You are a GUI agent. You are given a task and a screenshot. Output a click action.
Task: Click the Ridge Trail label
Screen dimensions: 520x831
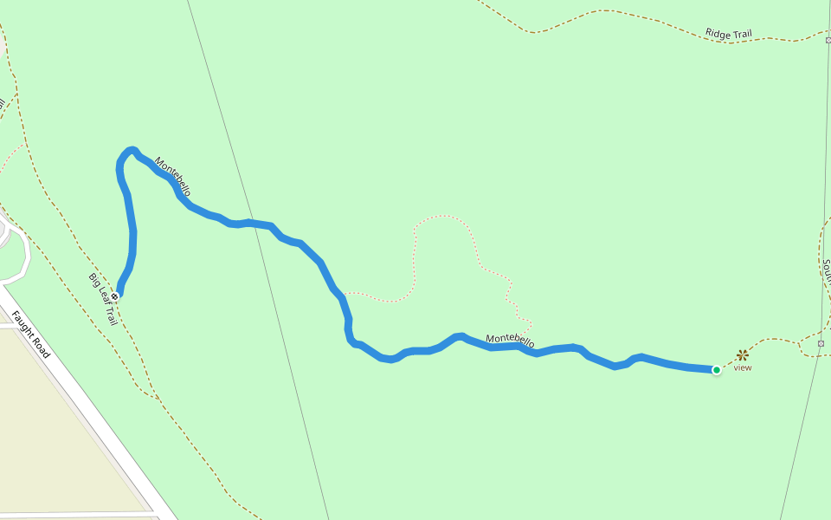[x=728, y=35]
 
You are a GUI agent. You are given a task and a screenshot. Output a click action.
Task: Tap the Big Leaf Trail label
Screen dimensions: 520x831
[x=102, y=299]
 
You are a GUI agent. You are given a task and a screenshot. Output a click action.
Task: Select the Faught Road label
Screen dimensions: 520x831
[x=30, y=335]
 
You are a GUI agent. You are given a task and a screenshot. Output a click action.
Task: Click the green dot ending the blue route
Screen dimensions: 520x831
[x=717, y=370]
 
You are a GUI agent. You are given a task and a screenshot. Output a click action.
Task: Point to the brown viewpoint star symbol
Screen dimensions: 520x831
[x=742, y=354]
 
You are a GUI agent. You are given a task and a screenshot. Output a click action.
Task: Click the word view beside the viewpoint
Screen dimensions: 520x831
[x=743, y=367]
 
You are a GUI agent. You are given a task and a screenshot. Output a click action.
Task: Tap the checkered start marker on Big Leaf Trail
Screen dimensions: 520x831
[x=114, y=296]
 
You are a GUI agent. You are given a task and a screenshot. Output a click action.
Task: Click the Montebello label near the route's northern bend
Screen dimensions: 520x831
[x=172, y=176]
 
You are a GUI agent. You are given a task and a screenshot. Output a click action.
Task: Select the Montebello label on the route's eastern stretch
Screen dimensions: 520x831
[x=510, y=341]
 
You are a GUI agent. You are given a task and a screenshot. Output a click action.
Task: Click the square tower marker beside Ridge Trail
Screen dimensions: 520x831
[x=828, y=39]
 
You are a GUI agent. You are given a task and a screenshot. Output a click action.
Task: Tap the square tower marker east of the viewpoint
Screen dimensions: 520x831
[x=821, y=344]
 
